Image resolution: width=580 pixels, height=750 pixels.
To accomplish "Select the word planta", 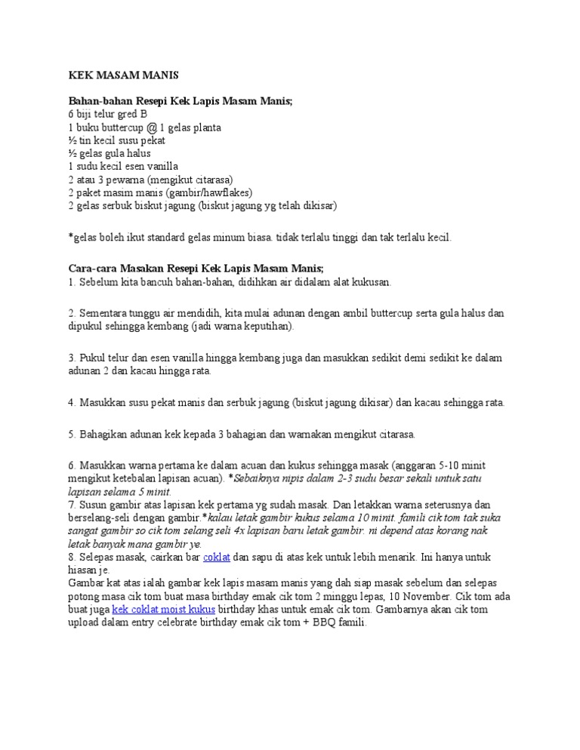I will tap(205, 128).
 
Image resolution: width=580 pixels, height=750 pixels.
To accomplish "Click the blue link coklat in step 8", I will tap(217, 557).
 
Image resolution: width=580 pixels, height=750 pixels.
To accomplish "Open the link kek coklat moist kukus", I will tap(163, 608).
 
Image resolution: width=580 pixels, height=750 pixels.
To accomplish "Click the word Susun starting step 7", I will tap(93, 505).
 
